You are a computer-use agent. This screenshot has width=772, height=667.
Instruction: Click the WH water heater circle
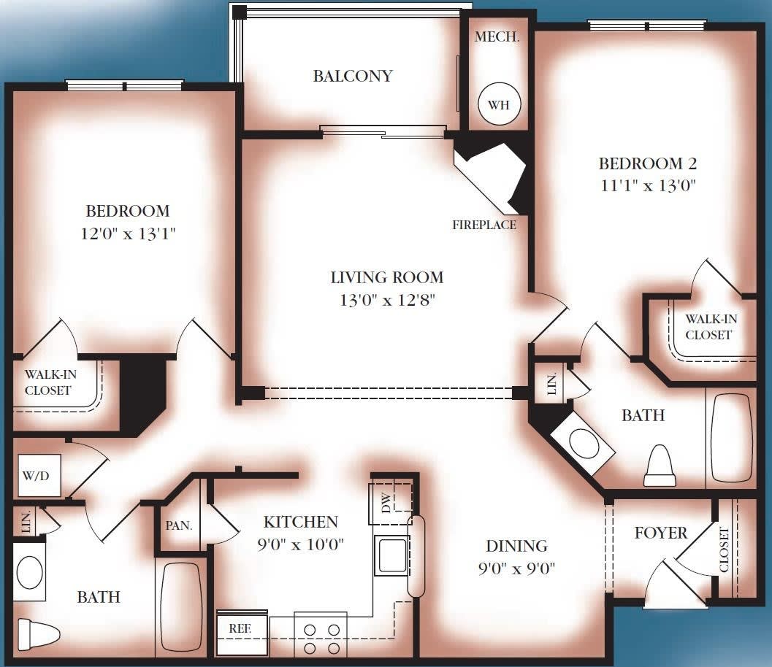click(498, 104)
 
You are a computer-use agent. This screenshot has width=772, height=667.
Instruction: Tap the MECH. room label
click(497, 37)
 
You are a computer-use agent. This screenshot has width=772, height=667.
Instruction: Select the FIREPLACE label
click(484, 225)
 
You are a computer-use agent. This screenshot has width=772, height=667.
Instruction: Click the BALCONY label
click(353, 76)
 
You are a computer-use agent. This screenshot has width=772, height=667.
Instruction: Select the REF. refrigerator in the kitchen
click(238, 628)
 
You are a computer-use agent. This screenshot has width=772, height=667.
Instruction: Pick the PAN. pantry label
click(179, 525)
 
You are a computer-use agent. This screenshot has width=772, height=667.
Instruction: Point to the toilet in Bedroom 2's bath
click(662, 466)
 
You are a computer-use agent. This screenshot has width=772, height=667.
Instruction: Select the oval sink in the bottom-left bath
click(31, 573)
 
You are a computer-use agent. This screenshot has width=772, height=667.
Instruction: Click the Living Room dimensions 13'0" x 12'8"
click(386, 300)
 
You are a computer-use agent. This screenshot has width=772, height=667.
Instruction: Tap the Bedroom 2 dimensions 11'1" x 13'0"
click(647, 185)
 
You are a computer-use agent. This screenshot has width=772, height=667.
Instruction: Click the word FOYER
click(660, 533)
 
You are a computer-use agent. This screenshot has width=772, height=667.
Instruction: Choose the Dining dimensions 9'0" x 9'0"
click(516, 568)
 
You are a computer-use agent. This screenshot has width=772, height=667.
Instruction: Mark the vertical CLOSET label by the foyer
click(725, 549)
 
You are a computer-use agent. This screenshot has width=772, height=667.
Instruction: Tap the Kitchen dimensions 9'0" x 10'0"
click(300, 544)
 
